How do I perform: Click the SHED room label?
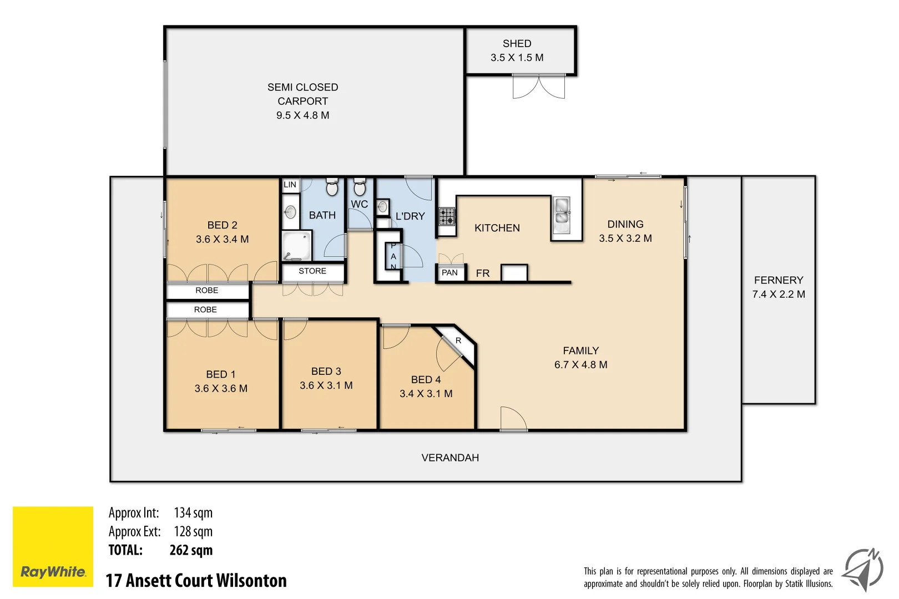517,43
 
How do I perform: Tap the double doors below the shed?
538,87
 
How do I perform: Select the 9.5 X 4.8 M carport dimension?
302,115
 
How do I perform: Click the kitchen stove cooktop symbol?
447,216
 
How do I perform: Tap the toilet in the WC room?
360,187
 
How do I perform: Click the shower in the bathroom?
296,245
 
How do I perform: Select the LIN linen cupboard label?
290,185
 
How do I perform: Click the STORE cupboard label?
312,271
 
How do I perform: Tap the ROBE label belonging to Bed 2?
206,291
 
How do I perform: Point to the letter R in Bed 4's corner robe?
458,341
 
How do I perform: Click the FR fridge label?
483,273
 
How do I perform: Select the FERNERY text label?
778,280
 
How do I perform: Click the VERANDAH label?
449,458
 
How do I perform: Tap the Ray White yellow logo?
53,546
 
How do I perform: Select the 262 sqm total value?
191,550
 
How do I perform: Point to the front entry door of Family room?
513,419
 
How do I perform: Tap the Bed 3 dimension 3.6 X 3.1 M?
326,385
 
